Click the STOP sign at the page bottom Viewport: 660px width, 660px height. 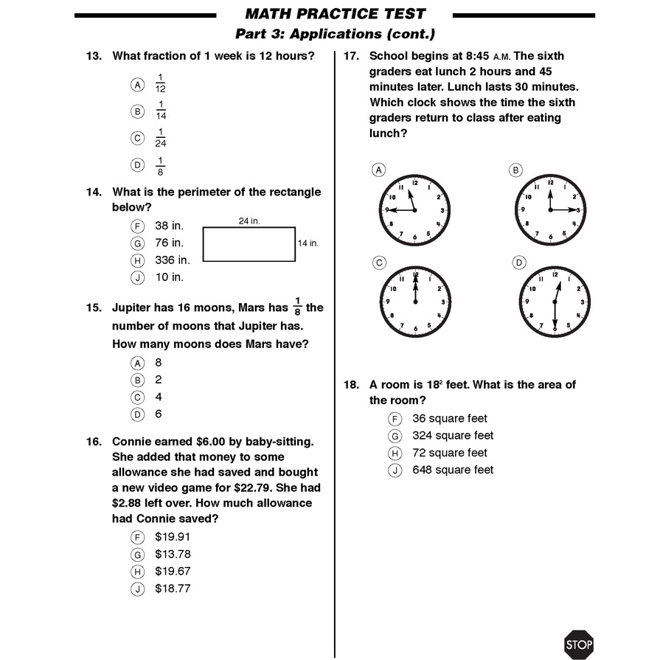click(579, 645)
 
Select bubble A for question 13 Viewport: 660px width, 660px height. click(137, 84)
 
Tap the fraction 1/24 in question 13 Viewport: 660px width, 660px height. click(161, 138)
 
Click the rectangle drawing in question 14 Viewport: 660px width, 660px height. click(249, 243)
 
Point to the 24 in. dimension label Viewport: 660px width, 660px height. click(249, 220)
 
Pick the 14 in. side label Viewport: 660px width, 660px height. click(308, 243)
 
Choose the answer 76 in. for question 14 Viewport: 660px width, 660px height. click(169, 243)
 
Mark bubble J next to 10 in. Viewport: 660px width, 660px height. click(137, 278)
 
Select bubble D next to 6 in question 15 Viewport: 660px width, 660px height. click(137, 414)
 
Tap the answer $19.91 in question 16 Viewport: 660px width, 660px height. click(173, 537)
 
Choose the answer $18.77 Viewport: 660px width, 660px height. click(173, 588)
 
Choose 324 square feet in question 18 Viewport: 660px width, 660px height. click(453, 436)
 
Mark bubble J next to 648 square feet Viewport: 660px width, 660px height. click(395, 470)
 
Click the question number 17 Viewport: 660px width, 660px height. click(351, 56)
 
